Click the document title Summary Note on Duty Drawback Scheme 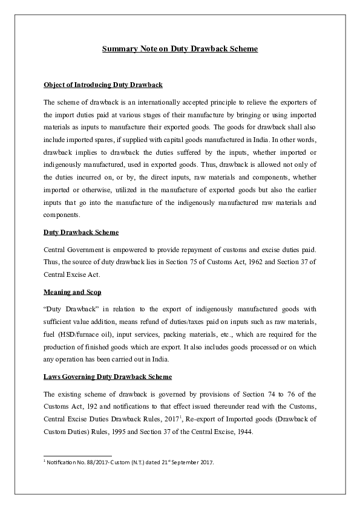180,48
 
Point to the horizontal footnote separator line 78,456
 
